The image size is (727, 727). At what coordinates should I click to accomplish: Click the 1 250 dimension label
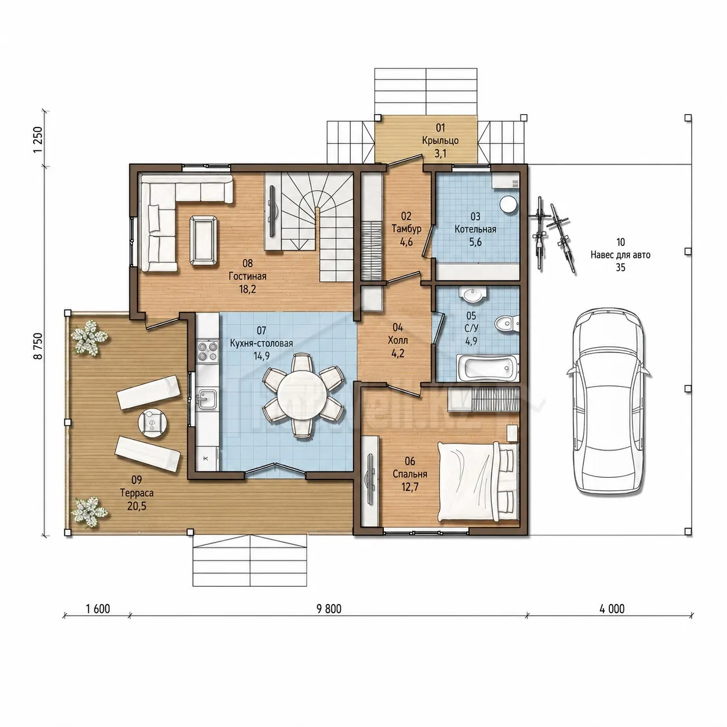(38, 140)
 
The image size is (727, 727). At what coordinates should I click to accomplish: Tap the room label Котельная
(475, 229)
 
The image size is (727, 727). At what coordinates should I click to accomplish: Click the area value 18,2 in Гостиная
(247, 289)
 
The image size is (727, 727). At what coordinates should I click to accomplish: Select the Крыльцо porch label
(440, 141)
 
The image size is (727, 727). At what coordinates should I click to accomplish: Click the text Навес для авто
(620, 255)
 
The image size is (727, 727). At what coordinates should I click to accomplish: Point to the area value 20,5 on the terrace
(137, 506)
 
